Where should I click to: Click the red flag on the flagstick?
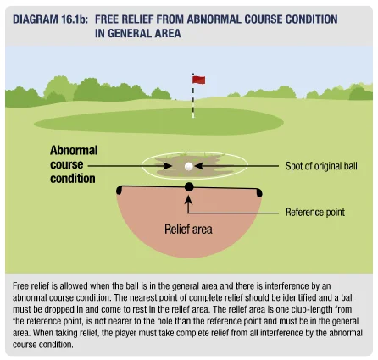click(x=199, y=80)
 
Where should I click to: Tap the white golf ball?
click(x=189, y=167)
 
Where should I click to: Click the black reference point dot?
click(x=189, y=186)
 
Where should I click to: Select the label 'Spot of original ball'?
click(x=321, y=166)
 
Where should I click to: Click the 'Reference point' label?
click(x=315, y=212)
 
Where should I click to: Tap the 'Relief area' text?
click(x=188, y=230)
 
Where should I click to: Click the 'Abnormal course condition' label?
click(x=74, y=164)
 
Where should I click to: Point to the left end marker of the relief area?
click(x=120, y=190)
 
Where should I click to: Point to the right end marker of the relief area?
click(x=259, y=192)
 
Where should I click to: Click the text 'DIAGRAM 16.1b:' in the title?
click(x=50, y=19)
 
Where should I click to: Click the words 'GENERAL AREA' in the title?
click(x=144, y=33)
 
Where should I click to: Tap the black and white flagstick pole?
click(x=193, y=96)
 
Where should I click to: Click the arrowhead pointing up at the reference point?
click(x=188, y=199)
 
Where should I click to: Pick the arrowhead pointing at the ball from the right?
click(x=198, y=166)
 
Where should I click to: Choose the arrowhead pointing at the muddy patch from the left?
click(x=167, y=166)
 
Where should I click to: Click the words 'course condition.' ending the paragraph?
click(x=42, y=345)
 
